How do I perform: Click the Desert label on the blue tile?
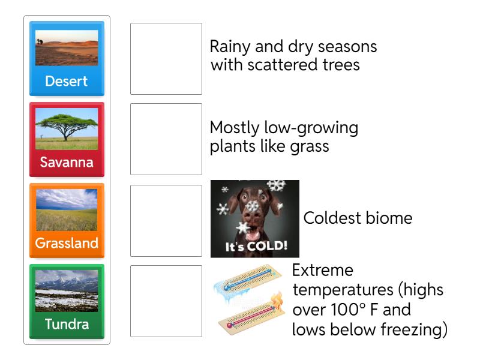[x=66, y=81]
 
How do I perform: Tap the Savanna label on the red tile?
[x=66, y=162]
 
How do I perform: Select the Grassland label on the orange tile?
[x=66, y=244]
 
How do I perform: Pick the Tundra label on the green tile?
[x=66, y=325]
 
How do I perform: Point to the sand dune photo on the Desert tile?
[x=66, y=48]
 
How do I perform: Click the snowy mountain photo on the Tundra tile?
[x=66, y=290]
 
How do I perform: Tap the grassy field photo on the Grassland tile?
[x=66, y=210]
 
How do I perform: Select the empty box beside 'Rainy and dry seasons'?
[x=166, y=59]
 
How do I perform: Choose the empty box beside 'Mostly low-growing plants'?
[x=166, y=139]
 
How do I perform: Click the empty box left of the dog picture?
[x=166, y=221]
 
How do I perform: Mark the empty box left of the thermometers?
[x=166, y=301]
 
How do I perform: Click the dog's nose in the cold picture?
[x=253, y=221]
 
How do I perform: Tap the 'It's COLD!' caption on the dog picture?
[x=256, y=246]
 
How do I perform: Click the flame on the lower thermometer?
[x=277, y=299]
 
